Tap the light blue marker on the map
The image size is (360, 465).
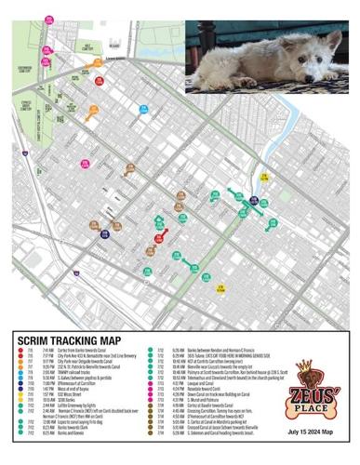[144, 110]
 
